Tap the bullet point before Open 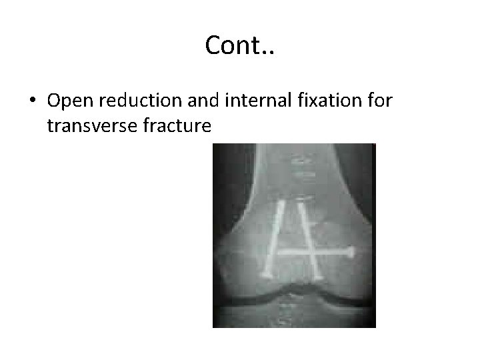point(32,101)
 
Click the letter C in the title point(213,45)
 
